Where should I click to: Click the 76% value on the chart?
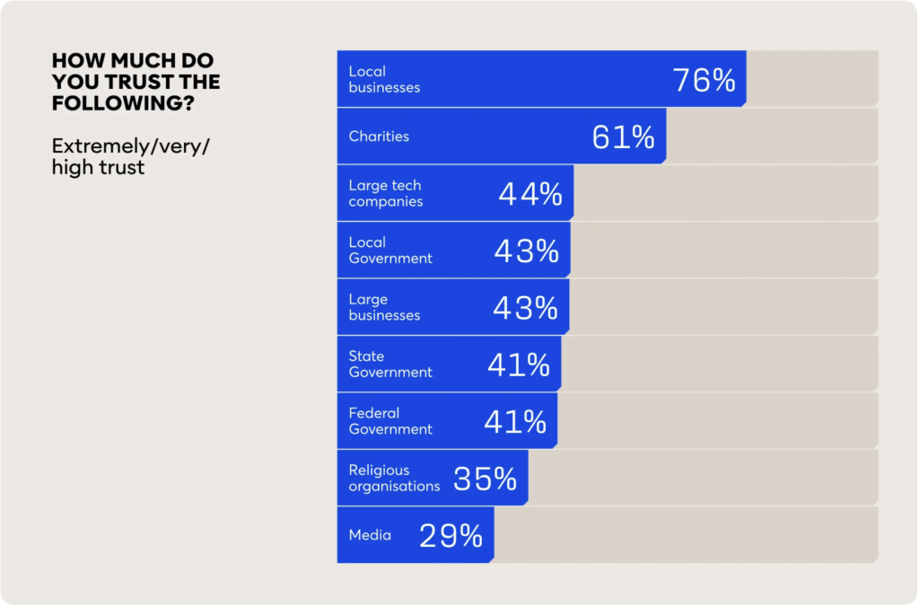tap(705, 80)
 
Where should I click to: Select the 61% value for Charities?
tap(624, 137)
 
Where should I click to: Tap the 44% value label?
tap(530, 194)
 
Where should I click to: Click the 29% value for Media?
tap(451, 536)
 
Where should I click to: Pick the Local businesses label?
tap(384, 80)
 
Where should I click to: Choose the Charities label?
tap(379, 136)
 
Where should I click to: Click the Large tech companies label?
tap(386, 194)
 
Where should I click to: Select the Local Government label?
tap(390, 250)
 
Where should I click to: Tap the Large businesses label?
tap(384, 308)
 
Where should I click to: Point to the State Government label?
tap(390, 364)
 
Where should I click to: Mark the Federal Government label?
tap(390, 422)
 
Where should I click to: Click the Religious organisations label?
tap(394, 479)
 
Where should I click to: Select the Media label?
tap(370, 535)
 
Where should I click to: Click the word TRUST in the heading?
tap(153, 83)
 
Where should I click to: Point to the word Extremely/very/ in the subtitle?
tap(130, 146)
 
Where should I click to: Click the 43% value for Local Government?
tap(527, 251)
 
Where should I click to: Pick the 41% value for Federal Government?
tap(515, 422)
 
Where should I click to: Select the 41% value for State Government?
tap(519, 365)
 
